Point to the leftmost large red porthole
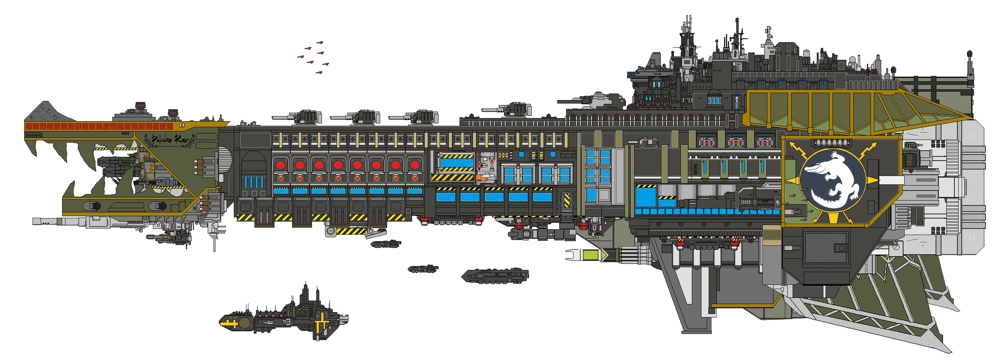(281, 165)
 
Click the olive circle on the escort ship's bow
(245, 323)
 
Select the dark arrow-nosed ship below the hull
(496, 276)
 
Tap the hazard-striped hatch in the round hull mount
(567, 201)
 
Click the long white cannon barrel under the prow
(59, 222)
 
